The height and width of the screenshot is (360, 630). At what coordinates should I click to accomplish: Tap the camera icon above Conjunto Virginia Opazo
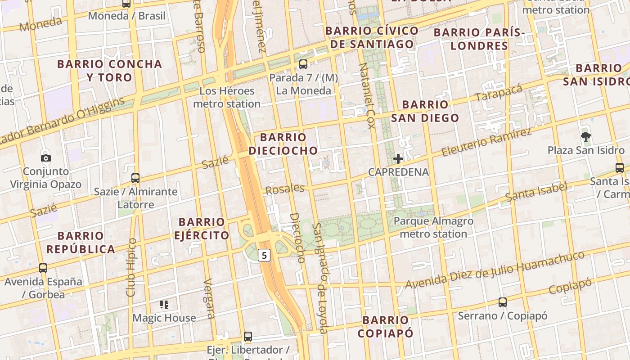pyautogui.click(x=45, y=158)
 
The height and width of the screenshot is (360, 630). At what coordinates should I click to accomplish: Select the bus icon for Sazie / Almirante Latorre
pyautogui.click(x=135, y=178)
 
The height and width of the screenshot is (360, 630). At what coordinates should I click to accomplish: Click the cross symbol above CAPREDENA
pyautogui.click(x=398, y=158)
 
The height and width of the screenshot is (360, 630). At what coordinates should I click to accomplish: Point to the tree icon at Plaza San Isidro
pyautogui.click(x=585, y=137)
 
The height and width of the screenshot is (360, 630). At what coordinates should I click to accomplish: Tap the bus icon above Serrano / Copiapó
pyautogui.click(x=503, y=302)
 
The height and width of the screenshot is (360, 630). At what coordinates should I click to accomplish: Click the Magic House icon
pyautogui.click(x=164, y=305)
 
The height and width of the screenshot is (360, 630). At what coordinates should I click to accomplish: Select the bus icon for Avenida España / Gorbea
pyautogui.click(x=43, y=268)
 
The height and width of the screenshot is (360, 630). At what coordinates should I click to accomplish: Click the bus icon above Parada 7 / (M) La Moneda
pyautogui.click(x=303, y=64)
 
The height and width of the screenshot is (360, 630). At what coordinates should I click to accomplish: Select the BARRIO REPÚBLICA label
pyautogui.click(x=81, y=243)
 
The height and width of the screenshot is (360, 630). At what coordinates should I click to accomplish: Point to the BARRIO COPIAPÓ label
pyautogui.click(x=386, y=327)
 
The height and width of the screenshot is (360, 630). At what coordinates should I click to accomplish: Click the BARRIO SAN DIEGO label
pyautogui.click(x=425, y=111)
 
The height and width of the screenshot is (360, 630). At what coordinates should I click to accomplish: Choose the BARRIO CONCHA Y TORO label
pyautogui.click(x=109, y=71)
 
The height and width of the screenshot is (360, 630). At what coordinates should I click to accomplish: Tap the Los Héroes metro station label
pyautogui.click(x=227, y=97)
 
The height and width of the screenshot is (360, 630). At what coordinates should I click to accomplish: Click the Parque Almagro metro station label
pyautogui.click(x=433, y=227)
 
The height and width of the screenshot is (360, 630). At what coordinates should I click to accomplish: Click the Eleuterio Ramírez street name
pyautogui.click(x=486, y=142)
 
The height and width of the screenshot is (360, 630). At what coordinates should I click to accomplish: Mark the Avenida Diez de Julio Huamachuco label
pyautogui.click(x=495, y=270)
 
